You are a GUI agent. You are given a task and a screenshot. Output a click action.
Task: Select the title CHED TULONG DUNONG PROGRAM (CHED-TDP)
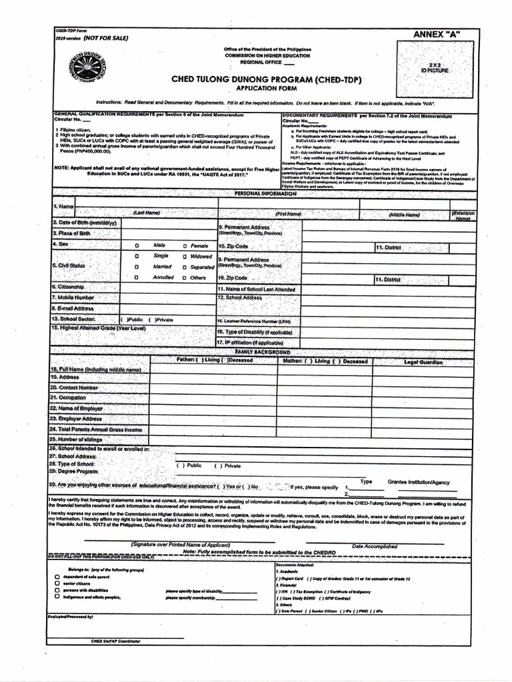tap(267, 79)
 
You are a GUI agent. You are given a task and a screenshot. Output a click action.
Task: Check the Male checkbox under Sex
tap(137, 246)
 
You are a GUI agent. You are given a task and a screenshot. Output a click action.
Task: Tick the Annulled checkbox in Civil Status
tap(137, 277)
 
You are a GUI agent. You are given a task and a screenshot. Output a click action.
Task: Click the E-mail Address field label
tap(73, 308)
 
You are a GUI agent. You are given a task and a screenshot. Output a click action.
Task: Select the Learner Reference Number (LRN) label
tap(257, 320)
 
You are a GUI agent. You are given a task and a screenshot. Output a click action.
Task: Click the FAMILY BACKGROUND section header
tap(262, 351)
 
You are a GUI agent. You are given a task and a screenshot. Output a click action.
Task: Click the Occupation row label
tap(68, 397)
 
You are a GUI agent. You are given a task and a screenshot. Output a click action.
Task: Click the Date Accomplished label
tap(374, 546)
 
